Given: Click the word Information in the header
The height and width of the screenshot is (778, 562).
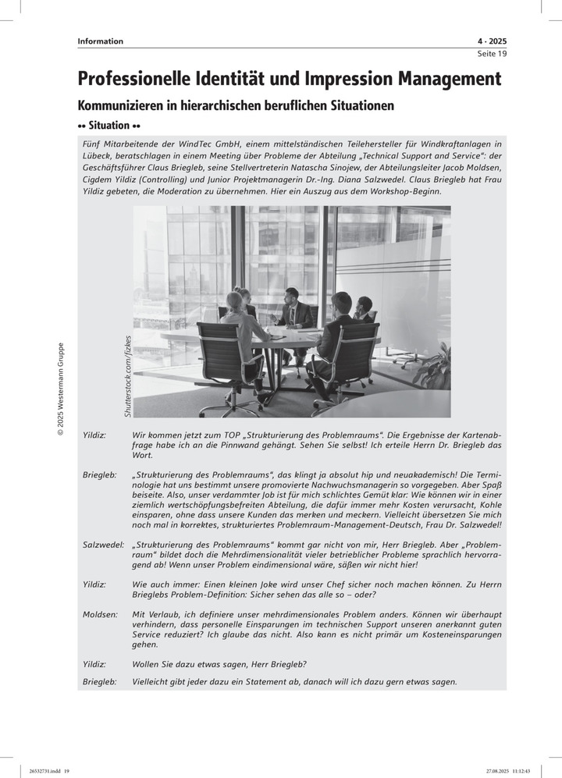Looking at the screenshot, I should (x=100, y=41).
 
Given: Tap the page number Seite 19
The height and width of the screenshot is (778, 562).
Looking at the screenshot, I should (x=492, y=54).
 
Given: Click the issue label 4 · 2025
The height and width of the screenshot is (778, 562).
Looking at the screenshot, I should (x=491, y=41).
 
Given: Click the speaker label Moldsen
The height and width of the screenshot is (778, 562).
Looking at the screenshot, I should (x=100, y=615).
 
